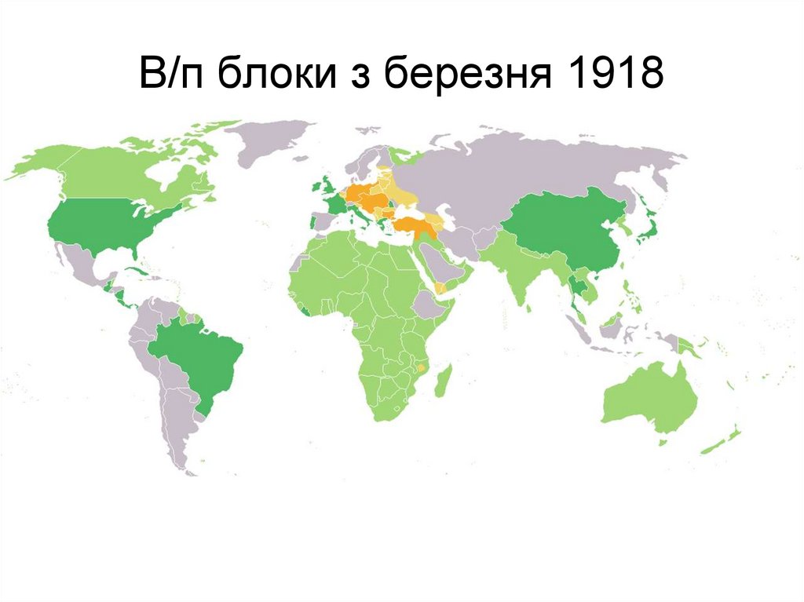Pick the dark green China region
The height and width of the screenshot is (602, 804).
(x=565, y=228)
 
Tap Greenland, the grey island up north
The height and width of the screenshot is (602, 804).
(x=267, y=141)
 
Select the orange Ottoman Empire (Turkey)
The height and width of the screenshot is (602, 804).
(x=412, y=226)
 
